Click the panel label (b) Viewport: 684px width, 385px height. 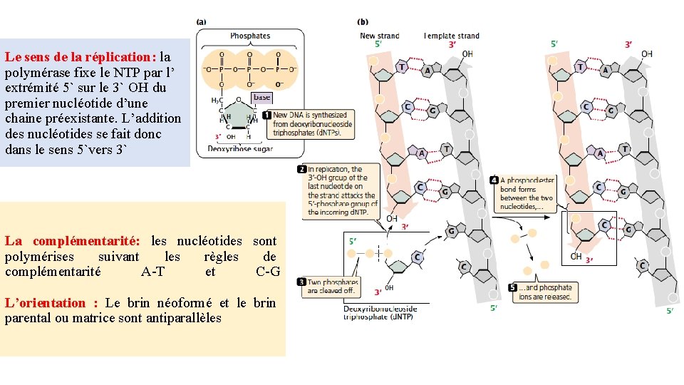(363, 22)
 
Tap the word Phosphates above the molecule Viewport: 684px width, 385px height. (250, 36)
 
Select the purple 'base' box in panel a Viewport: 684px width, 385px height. (261, 97)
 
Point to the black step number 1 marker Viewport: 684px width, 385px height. (266, 115)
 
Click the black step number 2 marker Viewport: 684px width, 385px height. (302, 169)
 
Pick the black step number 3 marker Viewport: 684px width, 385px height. (302, 282)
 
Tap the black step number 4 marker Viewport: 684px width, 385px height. (494, 181)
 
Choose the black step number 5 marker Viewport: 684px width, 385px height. (514, 287)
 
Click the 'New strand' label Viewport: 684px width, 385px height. (379, 36)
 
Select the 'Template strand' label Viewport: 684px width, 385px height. (452, 36)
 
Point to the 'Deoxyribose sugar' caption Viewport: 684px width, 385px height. (239, 149)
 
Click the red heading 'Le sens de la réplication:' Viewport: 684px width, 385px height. (80, 56)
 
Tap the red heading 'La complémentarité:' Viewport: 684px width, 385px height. (72, 242)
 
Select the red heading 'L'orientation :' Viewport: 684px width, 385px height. (51, 303)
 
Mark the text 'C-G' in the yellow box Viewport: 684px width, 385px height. (267, 272)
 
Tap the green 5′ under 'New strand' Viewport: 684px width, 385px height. (379, 45)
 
